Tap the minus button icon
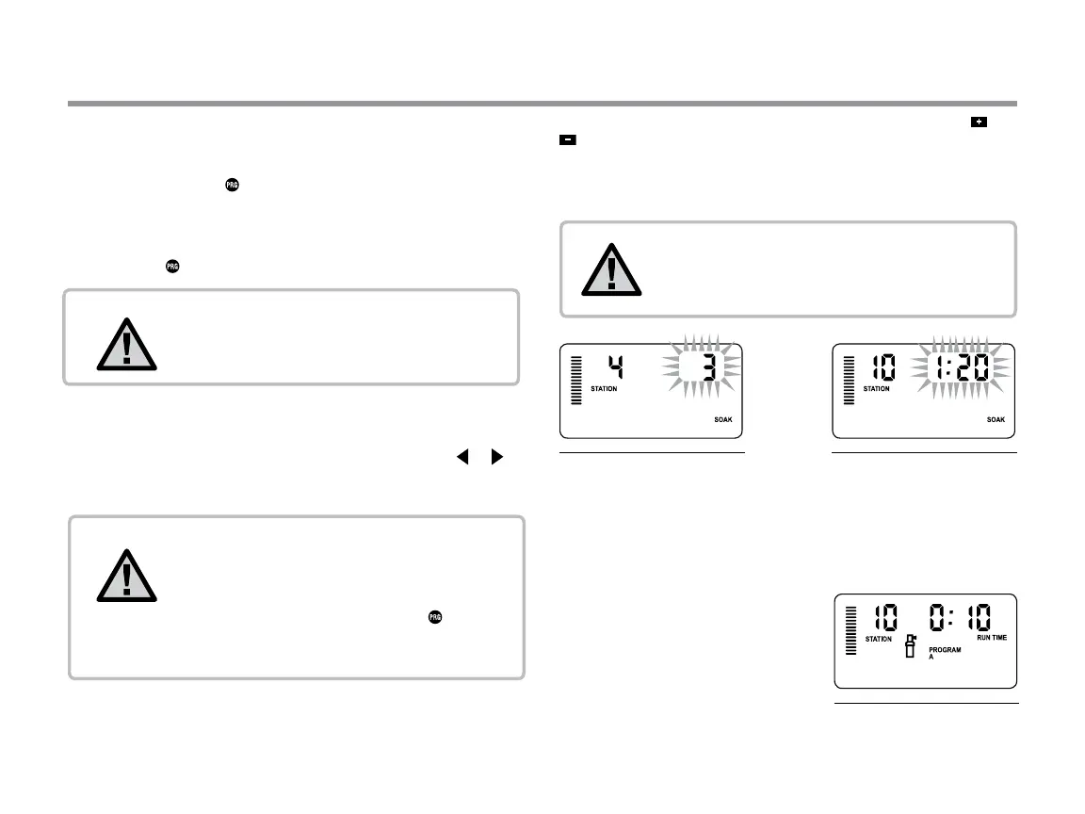coord(568,139)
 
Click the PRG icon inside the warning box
coord(435,617)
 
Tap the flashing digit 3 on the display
coord(708,367)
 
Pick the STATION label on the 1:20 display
coord(877,388)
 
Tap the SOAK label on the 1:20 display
coord(995,419)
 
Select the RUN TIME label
coord(991,638)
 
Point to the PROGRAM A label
coord(944,653)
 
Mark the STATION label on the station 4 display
coord(604,388)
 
